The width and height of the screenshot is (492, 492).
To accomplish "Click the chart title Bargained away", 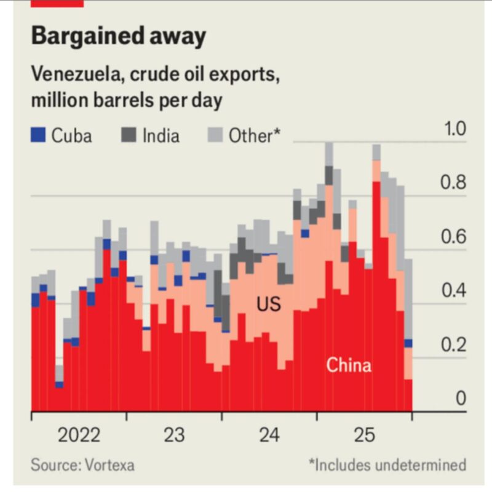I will tap(118, 37).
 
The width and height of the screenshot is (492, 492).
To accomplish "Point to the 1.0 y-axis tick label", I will tap(454, 130).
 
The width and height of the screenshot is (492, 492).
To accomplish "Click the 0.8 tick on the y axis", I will tap(454, 184).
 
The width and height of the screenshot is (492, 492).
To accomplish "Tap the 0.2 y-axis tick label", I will tap(454, 345).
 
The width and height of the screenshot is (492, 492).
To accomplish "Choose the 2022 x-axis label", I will tap(79, 435).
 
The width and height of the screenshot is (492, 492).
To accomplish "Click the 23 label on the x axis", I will tap(174, 435).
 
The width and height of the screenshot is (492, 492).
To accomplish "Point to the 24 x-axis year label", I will tap(269, 435).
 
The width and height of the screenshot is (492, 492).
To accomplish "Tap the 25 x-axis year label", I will tap(364, 435).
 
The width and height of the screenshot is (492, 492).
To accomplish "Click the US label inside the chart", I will tap(269, 304).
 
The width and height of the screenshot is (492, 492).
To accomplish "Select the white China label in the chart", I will tap(349, 365).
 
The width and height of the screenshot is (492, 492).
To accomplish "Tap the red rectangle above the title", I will tap(57, 3).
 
